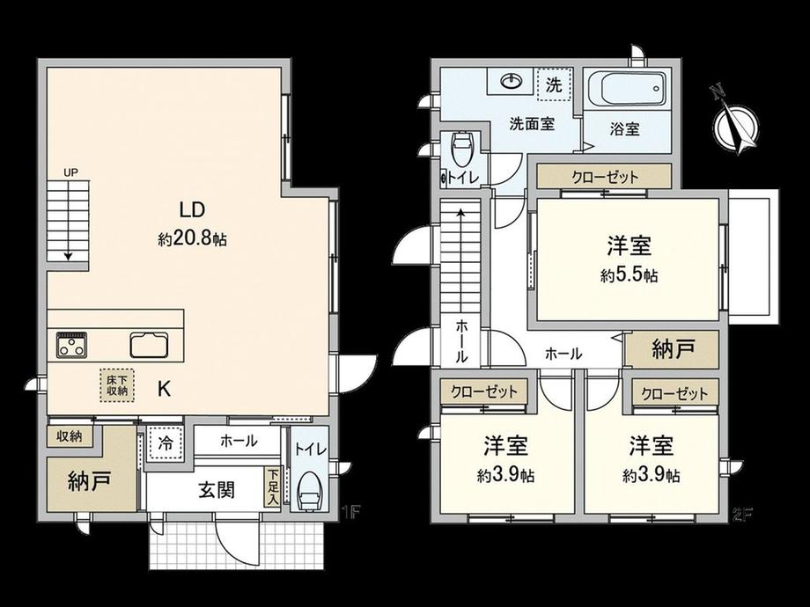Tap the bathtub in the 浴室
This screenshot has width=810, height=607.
pyautogui.click(x=625, y=89)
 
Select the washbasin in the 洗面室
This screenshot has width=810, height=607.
pyautogui.click(x=512, y=82)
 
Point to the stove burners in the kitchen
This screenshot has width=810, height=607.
pyautogui.click(x=71, y=345)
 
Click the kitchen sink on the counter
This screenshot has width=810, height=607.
pyautogui.click(x=150, y=345)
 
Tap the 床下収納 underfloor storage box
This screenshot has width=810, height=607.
pyautogui.click(x=117, y=385)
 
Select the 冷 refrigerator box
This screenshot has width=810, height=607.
pyautogui.click(x=166, y=443)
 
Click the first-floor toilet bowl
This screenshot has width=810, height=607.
pyautogui.click(x=309, y=490)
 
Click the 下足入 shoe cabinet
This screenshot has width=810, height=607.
pyautogui.click(x=272, y=486)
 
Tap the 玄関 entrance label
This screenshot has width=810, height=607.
pyautogui.click(x=217, y=490)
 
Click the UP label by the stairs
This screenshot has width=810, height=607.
pyautogui.click(x=70, y=173)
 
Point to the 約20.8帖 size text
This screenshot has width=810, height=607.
pyautogui.click(x=192, y=239)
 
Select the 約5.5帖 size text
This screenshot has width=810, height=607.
pyautogui.click(x=629, y=275)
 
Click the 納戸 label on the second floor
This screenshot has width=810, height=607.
pyautogui.click(x=672, y=350)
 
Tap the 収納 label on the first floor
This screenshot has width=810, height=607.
pyautogui.click(x=70, y=436)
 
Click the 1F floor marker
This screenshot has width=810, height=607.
pyautogui.click(x=350, y=513)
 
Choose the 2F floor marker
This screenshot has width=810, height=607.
pyautogui.click(x=743, y=514)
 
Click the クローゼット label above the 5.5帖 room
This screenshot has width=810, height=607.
pyautogui.click(x=605, y=177)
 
